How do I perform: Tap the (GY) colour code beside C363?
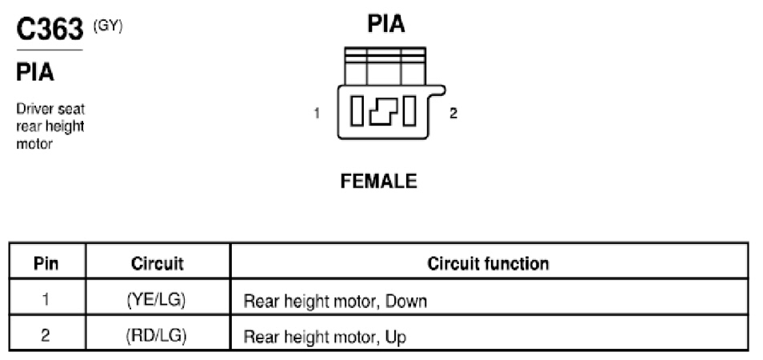(x=108, y=26)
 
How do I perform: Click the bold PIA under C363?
(x=35, y=73)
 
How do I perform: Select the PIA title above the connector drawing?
(x=385, y=23)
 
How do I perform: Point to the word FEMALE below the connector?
(x=378, y=182)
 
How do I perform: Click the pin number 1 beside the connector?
(x=317, y=114)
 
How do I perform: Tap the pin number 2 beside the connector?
(x=453, y=114)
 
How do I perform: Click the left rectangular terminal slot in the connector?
(x=357, y=111)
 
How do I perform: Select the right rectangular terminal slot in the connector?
(x=409, y=111)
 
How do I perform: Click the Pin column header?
(x=46, y=264)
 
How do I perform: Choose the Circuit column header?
(x=158, y=264)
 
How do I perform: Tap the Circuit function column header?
(x=488, y=264)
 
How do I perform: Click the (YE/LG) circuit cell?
(x=156, y=300)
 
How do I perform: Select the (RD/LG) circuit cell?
(x=156, y=336)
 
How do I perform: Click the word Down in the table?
(x=405, y=302)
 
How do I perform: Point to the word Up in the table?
(x=396, y=338)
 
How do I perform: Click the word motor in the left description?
(x=34, y=145)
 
